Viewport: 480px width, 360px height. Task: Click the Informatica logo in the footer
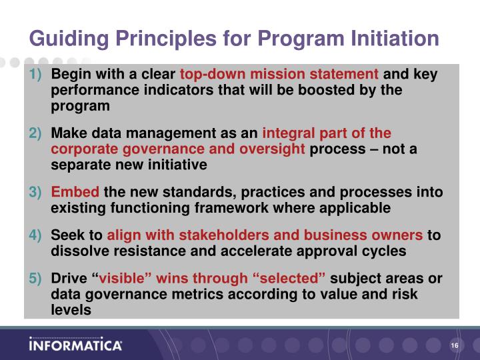pos(75,345)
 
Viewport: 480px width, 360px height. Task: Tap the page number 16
pos(455,345)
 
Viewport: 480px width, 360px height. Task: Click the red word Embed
pos(75,193)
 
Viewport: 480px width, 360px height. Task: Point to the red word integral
pos(289,133)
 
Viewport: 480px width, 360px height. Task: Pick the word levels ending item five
pos(71,309)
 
